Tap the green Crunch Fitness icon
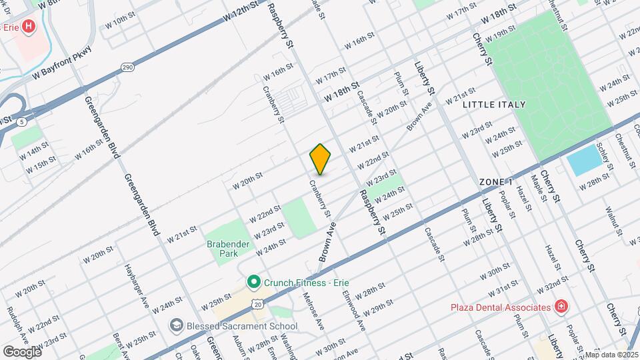[x=253, y=283]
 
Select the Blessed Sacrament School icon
[x=177, y=325]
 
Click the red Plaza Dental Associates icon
[x=561, y=307]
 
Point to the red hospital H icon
[x=29, y=27]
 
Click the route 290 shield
[x=127, y=67]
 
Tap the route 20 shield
[x=257, y=304]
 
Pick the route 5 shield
[x=23, y=121]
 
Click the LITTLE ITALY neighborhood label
[x=494, y=105]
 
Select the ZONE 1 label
[x=496, y=182]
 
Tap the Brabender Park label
[x=227, y=249]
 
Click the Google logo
[x=22, y=351]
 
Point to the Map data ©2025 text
[x=611, y=355]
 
